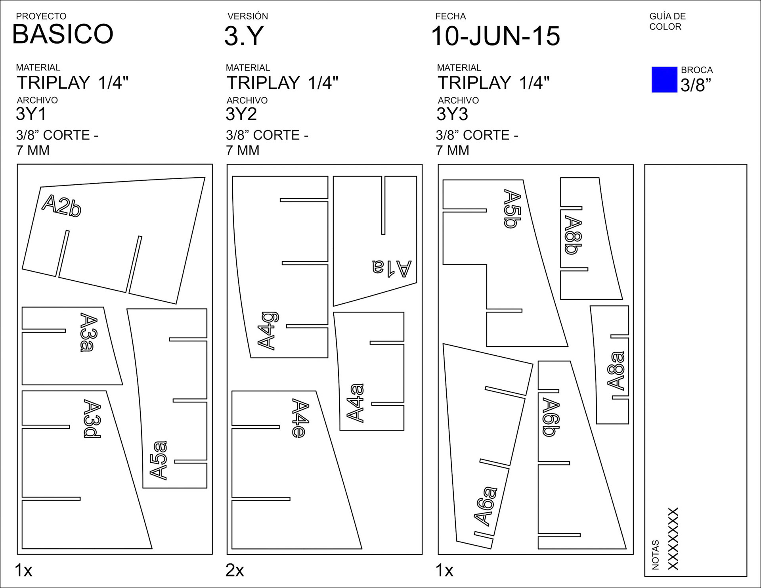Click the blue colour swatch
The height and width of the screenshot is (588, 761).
point(664,79)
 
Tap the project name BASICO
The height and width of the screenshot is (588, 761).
point(63,34)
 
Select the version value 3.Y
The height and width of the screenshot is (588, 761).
point(244,36)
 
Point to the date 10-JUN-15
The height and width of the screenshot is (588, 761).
point(496,36)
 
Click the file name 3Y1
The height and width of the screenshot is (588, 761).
point(31,114)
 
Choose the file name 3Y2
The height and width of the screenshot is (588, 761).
point(241,114)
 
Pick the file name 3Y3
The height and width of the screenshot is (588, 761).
point(452,114)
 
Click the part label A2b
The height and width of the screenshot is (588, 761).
point(61,205)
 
